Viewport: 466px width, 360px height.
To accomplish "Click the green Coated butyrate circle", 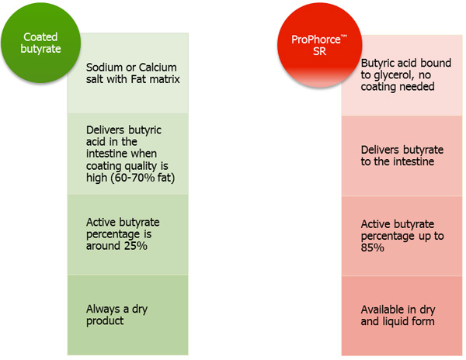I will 40,43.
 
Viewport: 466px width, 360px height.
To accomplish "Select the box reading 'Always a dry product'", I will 127,314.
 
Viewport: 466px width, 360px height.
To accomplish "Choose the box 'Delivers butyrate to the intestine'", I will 396,155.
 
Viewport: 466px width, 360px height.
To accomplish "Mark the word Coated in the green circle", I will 40,36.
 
